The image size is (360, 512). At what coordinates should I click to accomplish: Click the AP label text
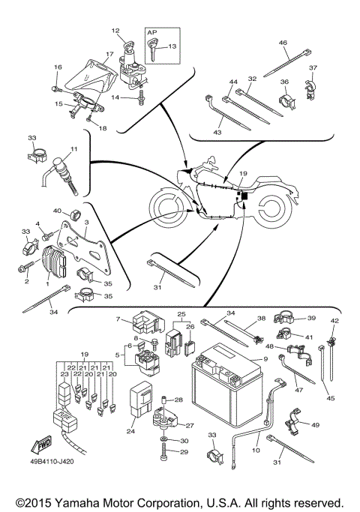[x=152, y=34]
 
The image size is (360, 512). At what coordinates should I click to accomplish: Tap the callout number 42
[x=335, y=321]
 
